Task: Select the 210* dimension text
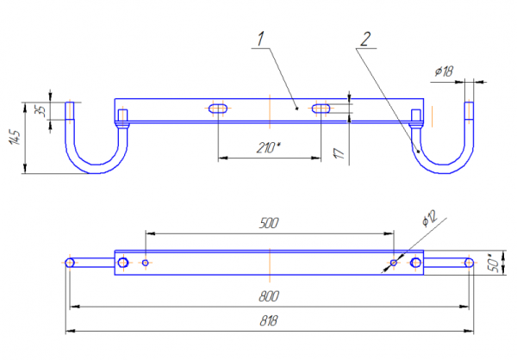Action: tap(269, 148)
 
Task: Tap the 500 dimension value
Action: tap(269, 223)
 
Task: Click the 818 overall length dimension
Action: tap(269, 320)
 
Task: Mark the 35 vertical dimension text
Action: tap(39, 110)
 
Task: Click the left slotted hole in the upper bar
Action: tap(217, 109)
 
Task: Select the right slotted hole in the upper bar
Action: tap(321, 109)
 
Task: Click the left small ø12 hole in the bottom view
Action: tap(146, 262)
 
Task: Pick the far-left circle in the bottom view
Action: tap(70, 262)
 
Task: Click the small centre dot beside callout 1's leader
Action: tap(296, 109)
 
